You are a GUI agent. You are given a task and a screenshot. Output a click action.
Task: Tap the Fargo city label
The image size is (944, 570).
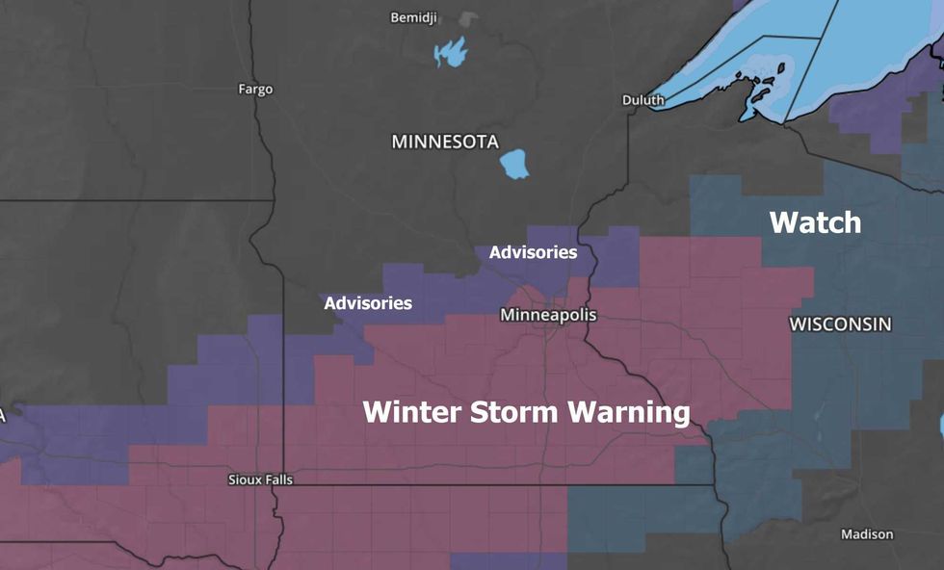point(255,89)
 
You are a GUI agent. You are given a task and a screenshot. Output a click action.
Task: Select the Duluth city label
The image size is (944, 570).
point(642,99)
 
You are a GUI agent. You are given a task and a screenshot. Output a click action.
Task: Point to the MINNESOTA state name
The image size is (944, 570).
point(445,142)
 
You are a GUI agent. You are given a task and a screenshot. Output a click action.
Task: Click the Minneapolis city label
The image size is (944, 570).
point(548,315)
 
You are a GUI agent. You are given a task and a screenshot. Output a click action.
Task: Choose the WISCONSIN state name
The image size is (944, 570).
point(840,324)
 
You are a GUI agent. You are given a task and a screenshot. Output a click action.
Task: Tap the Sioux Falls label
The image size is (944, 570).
point(260,479)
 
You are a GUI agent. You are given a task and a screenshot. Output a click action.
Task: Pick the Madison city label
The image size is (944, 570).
point(867,533)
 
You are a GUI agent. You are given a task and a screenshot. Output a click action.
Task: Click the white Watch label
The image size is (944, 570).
point(815,222)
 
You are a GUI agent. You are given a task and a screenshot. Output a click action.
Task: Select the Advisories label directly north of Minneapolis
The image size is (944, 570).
point(533,252)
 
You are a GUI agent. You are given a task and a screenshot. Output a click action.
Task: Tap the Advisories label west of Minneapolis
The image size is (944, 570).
point(368,303)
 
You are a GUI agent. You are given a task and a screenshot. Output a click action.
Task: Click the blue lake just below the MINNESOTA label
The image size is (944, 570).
point(515,165)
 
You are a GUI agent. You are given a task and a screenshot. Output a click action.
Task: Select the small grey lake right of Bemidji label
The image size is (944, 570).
point(468,19)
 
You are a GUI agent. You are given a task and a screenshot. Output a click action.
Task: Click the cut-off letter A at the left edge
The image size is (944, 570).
point(3,416)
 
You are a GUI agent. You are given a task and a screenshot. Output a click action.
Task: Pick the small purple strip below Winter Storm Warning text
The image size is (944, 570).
point(508,560)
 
